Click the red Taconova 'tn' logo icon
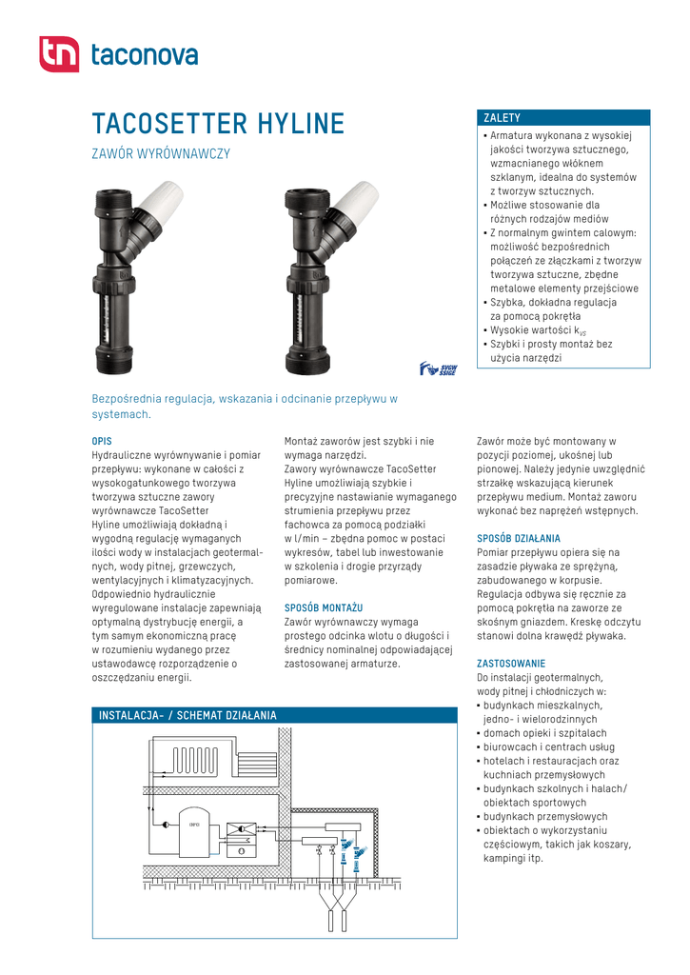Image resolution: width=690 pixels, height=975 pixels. coord(58,54)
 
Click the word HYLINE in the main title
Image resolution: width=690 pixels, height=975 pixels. coord(296,125)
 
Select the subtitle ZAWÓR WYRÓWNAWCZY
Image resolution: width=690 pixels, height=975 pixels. coord(161,154)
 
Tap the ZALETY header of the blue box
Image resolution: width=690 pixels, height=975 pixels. coord(503,118)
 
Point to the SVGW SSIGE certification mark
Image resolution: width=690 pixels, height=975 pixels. coord(439,368)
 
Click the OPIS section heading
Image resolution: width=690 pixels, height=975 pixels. coord(102,442)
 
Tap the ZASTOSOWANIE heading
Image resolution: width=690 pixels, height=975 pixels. coord(511,663)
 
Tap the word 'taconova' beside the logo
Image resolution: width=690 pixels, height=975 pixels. coord(144,55)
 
